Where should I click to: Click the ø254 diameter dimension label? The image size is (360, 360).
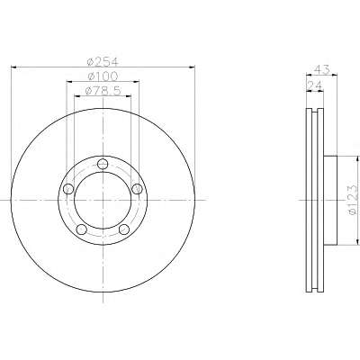click(x=103, y=62)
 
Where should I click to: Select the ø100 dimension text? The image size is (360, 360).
click(x=103, y=76)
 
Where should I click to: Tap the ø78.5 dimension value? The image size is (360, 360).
click(x=103, y=91)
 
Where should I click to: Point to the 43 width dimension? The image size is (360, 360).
click(x=321, y=69)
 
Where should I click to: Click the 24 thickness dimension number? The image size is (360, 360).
click(x=315, y=85)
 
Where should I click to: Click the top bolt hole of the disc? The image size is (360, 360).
click(x=103, y=164)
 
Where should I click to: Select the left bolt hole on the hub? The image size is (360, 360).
click(x=68, y=189)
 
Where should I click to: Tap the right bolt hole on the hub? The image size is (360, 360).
click(x=137, y=189)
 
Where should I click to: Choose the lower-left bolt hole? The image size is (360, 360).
click(x=82, y=229)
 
